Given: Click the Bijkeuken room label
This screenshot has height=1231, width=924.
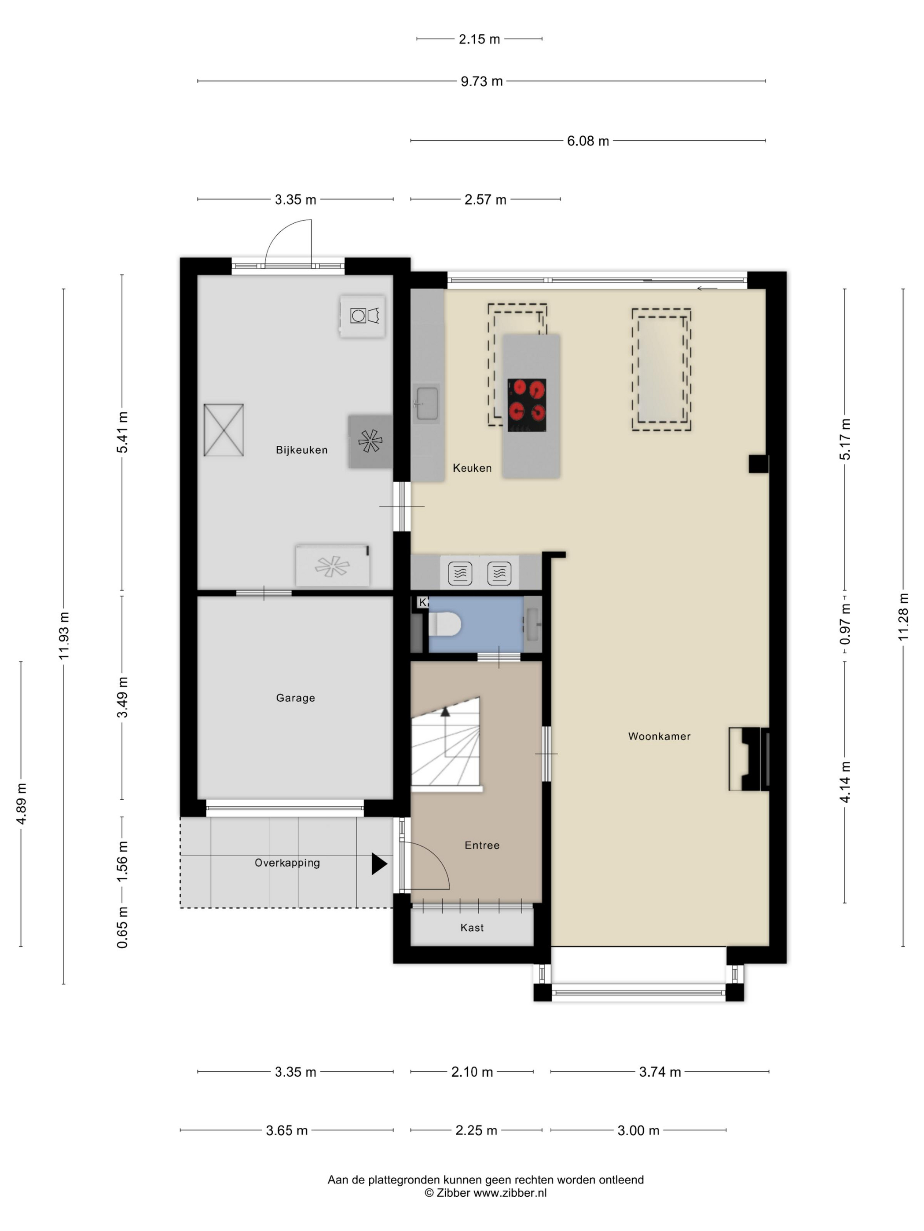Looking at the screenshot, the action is point(301,450).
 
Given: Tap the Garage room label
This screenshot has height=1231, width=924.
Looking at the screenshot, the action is point(295,698).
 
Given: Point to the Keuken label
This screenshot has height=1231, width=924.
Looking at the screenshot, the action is point(472,468).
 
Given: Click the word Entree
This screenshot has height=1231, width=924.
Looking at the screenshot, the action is point(482,845).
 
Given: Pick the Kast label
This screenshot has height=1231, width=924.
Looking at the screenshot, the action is point(472,928).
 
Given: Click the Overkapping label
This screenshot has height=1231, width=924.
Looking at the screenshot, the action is point(287,863).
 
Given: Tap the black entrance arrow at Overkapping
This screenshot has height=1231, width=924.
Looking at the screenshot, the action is point(379,864).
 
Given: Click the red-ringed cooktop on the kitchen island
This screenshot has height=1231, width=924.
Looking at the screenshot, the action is point(526,405).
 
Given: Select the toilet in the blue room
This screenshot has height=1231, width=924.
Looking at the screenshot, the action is point(444,624).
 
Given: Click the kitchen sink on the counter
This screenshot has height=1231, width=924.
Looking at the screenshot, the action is point(427,404).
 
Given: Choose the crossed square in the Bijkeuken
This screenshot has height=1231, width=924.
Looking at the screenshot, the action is point(224,430).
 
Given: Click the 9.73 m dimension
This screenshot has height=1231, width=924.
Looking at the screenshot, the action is point(481,81).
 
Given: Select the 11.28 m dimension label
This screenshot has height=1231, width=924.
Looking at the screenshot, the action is point(903,617).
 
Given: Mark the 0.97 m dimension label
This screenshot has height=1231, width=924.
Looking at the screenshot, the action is point(845,624).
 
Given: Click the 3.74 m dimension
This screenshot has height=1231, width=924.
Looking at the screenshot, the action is point(660,1072).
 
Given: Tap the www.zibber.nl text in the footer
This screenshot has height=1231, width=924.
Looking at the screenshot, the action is point(510,1193).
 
